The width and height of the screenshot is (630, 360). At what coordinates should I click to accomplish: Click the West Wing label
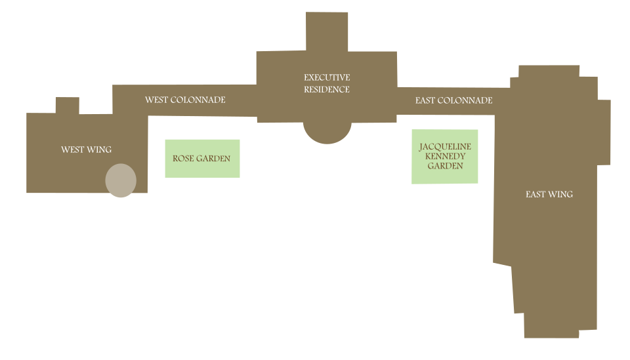coord(86,150)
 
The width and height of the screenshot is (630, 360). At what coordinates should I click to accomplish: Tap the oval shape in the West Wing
coord(121,180)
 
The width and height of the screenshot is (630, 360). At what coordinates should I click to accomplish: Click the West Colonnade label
coord(185,100)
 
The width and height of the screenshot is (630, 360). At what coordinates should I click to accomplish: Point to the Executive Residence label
coord(327,83)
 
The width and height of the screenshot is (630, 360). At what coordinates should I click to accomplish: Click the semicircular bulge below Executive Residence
coord(327,133)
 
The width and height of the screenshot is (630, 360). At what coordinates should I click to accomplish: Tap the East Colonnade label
coord(453,100)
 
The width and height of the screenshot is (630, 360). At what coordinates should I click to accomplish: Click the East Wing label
coord(549,194)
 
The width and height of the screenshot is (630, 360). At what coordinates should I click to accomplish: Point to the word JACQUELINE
coord(445,146)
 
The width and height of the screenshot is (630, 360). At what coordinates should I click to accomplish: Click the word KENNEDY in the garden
coord(445,156)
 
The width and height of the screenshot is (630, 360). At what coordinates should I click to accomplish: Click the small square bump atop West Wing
coord(68,105)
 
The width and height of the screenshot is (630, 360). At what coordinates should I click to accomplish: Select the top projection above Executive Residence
coord(326,31)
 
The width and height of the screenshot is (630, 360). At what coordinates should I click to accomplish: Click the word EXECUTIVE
coord(327,77)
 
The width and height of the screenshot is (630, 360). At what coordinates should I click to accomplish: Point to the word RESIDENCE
coord(327,89)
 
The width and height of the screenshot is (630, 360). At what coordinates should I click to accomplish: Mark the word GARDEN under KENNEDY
coord(445,166)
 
